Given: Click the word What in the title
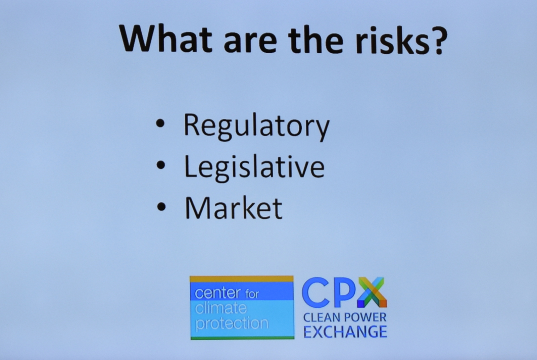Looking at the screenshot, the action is pos(166,38).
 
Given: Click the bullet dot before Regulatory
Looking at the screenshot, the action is pos(160,124).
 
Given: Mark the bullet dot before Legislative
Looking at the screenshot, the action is pos(161,165).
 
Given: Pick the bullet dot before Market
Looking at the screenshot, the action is pos(161,207).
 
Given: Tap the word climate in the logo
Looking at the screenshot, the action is pos(221,308).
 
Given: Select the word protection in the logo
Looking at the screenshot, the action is pos(232,323).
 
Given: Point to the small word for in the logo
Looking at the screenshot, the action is pos(252,294).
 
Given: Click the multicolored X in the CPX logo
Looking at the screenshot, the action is pos(372,292).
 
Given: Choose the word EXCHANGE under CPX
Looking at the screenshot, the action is pos(345,331).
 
